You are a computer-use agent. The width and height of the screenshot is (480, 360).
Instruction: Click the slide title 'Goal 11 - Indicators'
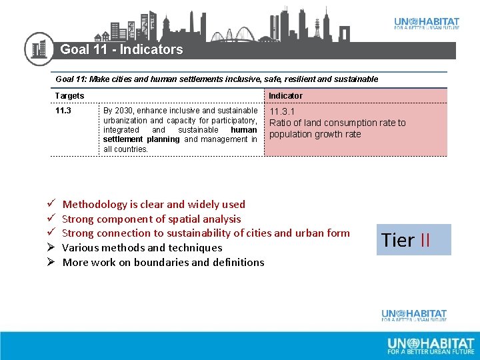[x=121, y=49]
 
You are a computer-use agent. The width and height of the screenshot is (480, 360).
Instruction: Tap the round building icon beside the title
[x=39, y=49]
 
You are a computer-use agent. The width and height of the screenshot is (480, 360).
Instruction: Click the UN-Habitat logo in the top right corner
[x=426, y=23]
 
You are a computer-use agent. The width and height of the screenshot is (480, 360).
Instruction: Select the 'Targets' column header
[x=70, y=96]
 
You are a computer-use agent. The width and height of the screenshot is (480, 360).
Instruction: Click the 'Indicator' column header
[x=285, y=96]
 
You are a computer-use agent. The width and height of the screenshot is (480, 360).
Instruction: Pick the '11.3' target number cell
[x=63, y=111]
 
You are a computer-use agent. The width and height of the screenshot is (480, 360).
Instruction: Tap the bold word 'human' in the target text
[x=243, y=130]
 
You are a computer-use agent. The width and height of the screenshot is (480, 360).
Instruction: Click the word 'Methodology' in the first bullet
[x=94, y=204]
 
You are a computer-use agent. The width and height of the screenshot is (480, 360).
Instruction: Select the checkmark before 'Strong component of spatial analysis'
[x=50, y=219]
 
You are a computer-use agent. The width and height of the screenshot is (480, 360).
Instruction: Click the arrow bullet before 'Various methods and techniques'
[x=50, y=248]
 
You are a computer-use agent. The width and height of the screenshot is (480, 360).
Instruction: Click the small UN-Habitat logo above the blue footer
[x=414, y=315]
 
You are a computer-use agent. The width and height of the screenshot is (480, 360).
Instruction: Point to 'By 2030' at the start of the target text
[x=117, y=111]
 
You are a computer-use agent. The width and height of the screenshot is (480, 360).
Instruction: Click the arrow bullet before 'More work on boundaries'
[x=50, y=262]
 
